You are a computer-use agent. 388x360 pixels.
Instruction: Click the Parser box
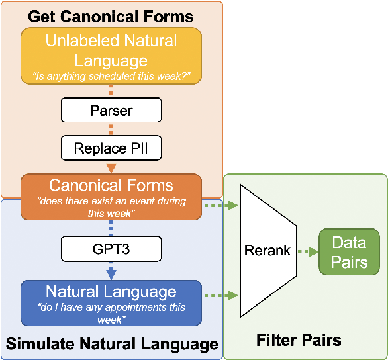111,110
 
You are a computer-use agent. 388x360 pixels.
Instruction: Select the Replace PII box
111,148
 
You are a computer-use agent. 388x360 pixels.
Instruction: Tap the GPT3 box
111,249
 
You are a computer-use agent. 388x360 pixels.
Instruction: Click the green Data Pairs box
349,251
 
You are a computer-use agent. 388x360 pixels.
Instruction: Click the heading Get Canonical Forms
111,16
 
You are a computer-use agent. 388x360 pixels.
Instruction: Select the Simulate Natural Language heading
112,344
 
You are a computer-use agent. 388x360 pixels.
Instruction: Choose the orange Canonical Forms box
111,196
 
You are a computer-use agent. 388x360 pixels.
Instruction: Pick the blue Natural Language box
111,302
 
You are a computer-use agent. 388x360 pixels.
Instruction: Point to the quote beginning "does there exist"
111,207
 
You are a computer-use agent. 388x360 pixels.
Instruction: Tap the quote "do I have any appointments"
111,313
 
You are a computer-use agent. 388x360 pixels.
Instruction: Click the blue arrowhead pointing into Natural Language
111,274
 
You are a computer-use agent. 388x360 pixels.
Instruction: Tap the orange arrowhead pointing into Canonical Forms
111,167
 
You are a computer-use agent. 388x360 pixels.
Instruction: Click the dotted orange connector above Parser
111,92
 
